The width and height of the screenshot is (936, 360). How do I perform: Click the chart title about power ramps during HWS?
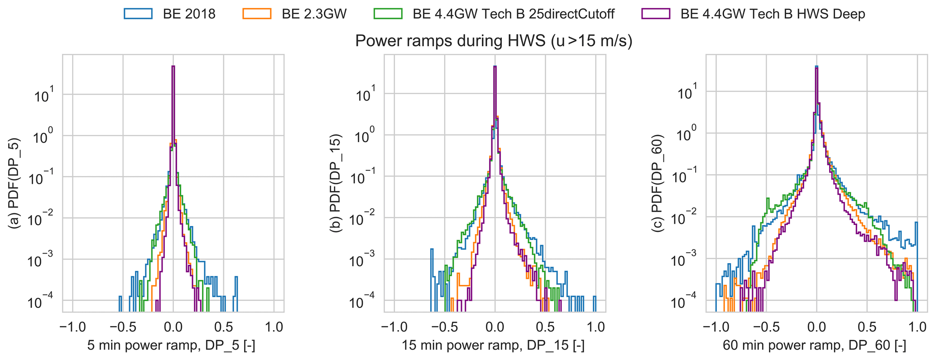tap(494, 41)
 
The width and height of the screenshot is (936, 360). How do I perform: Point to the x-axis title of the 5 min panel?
tap(171, 346)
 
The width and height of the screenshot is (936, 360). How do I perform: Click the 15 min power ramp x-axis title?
tap(493, 346)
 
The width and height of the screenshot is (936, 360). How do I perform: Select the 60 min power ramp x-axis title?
tap(814, 346)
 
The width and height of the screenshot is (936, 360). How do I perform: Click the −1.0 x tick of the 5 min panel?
tap(70, 327)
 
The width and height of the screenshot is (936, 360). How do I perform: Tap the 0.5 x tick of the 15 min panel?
tap(545, 327)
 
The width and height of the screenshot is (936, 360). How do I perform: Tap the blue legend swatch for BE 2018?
tap(138, 14)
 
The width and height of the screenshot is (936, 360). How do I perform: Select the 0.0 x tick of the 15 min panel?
tap(495, 327)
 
